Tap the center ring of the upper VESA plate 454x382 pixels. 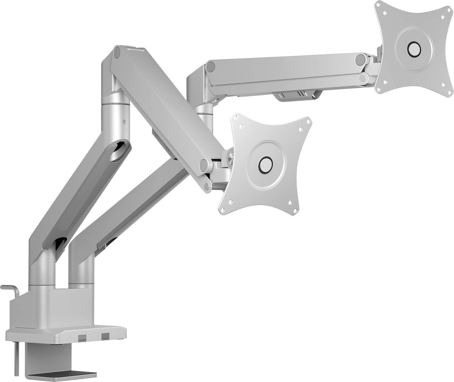click(x=414, y=49)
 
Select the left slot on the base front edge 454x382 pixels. click(x=82, y=338)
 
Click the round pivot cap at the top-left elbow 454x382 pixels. click(x=117, y=52)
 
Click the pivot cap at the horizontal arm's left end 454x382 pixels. click(x=211, y=67)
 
